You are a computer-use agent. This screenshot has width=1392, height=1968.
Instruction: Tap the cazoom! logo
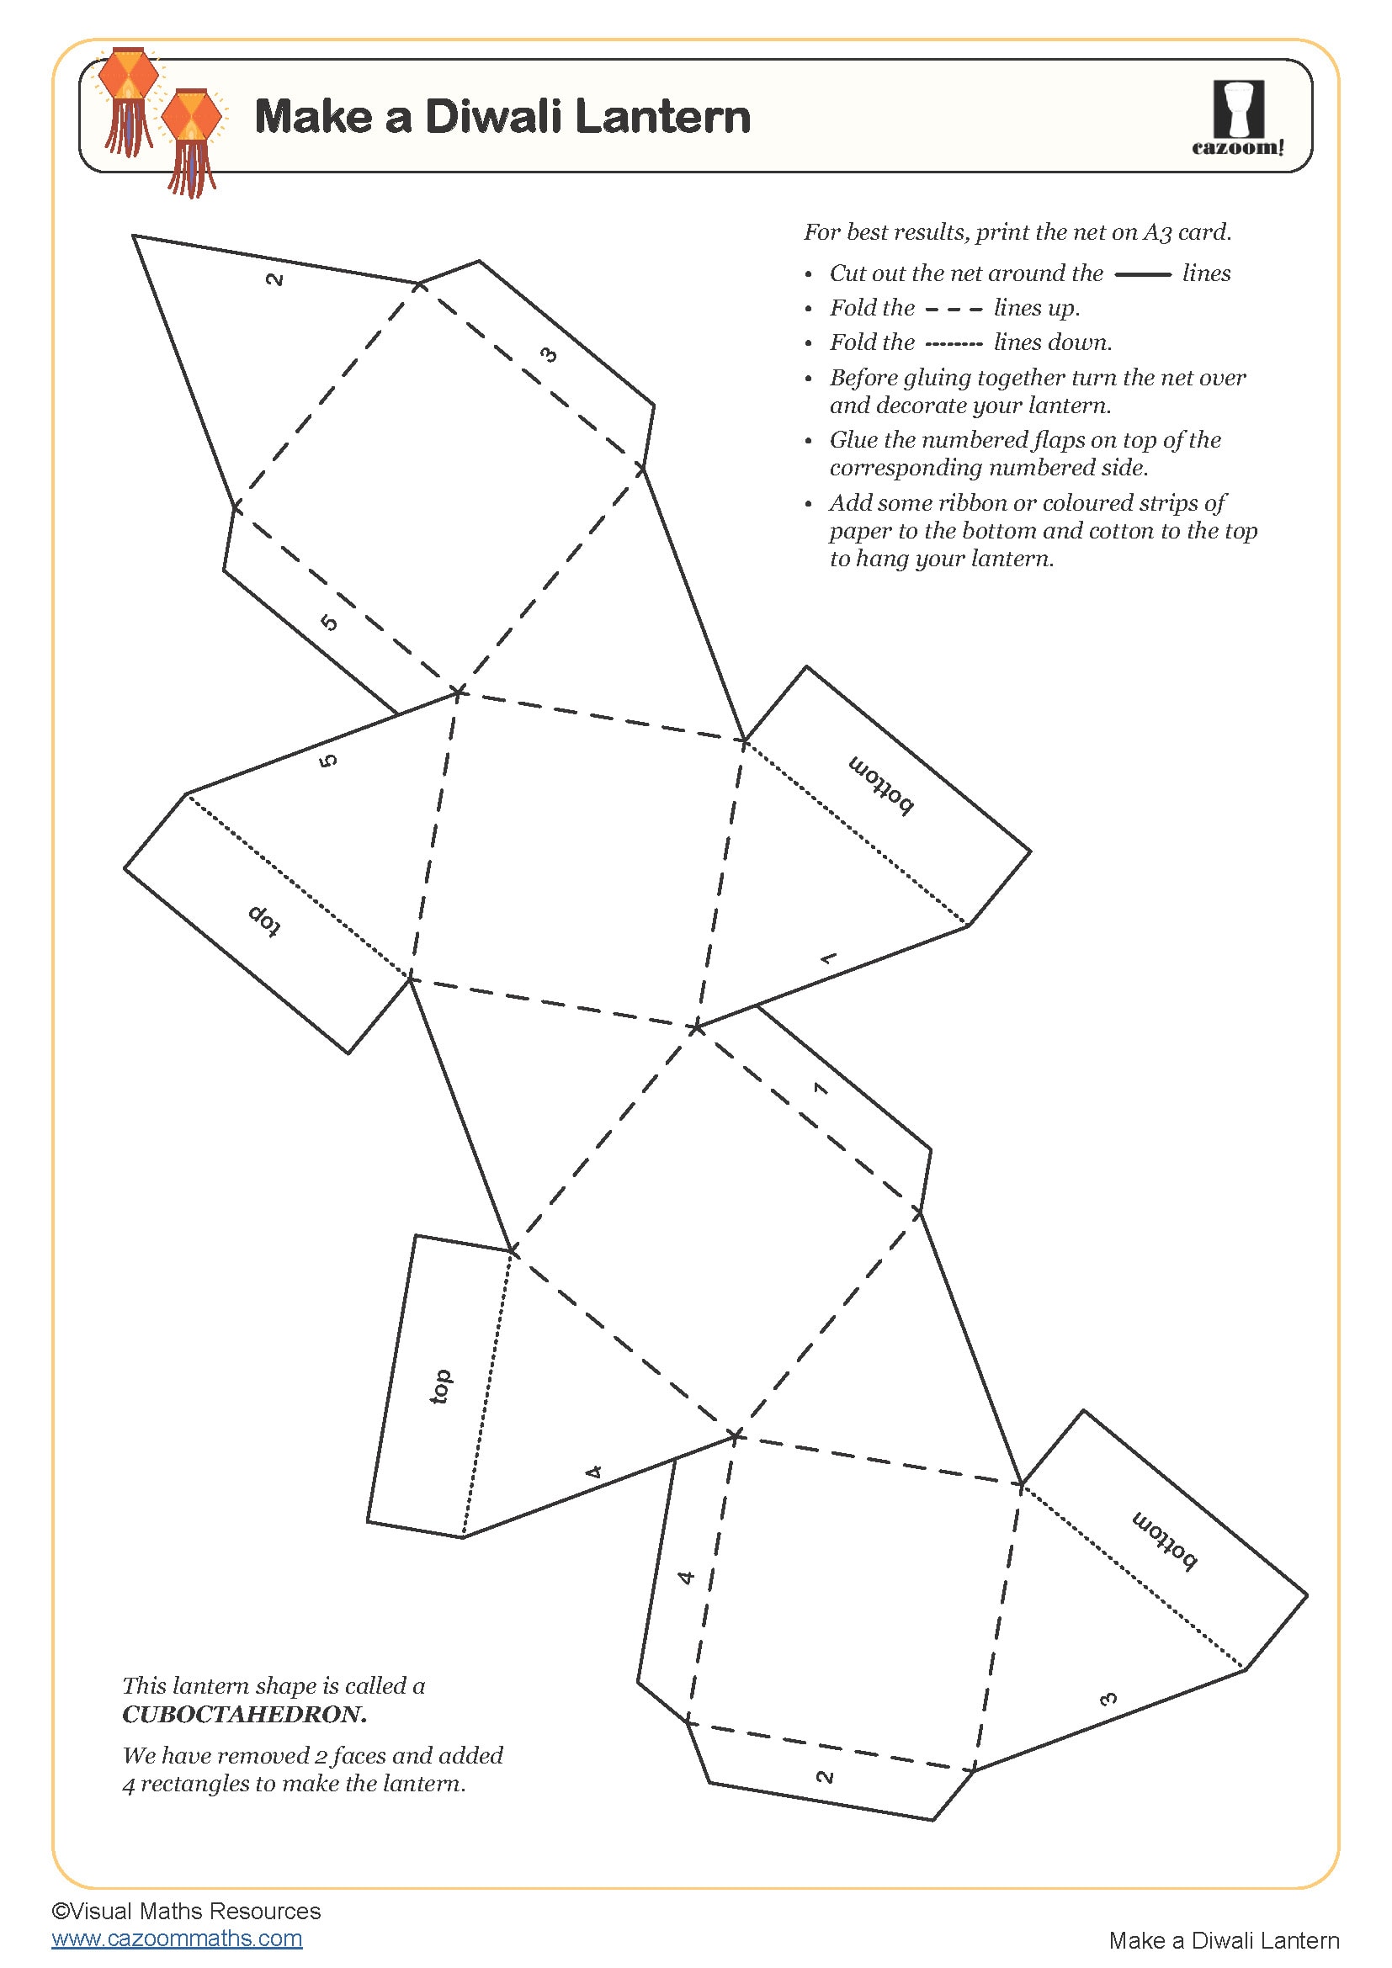click(1238, 118)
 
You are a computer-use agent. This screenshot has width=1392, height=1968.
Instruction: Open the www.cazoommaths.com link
click(177, 1938)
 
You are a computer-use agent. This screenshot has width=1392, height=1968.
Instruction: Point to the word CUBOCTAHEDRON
click(244, 1714)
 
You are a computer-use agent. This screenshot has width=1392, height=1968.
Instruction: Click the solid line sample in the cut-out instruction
click(1142, 274)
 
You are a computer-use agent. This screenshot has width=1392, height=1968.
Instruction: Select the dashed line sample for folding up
click(954, 310)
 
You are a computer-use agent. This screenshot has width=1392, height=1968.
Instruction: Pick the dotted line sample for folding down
click(954, 345)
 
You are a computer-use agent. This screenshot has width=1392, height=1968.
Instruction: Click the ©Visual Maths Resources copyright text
click(186, 1911)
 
